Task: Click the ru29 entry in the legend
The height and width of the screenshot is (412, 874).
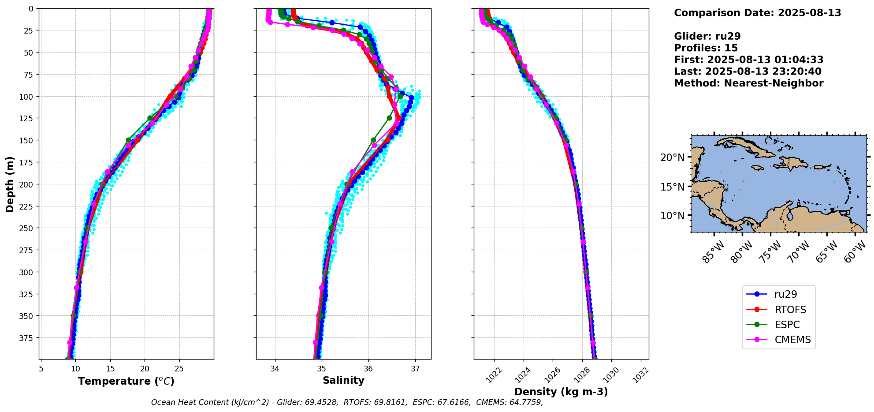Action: tap(785, 294)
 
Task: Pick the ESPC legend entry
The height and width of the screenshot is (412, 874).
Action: tap(787, 325)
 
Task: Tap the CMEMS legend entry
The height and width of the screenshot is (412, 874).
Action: tap(792, 340)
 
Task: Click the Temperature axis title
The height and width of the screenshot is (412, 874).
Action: tap(126, 381)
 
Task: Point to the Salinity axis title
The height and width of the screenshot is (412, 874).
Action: tap(343, 381)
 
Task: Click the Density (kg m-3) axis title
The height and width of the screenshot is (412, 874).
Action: tap(561, 392)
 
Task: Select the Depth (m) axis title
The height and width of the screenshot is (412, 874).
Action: tap(10, 184)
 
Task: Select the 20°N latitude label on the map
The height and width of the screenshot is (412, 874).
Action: tap(672, 157)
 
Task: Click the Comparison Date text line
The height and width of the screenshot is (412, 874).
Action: tap(757, 13)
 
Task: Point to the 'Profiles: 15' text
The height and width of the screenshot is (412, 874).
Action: tap(706, 48)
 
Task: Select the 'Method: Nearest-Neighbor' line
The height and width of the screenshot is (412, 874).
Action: tap(748, 83)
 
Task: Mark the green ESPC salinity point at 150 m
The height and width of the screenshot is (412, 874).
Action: tap(373, 140)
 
